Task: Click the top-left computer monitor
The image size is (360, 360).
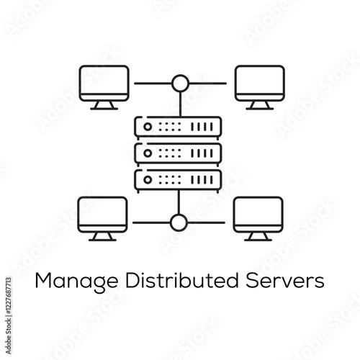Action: point(104,83)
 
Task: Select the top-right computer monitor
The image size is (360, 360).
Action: point(260,83)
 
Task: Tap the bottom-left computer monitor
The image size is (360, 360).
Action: point(102,215)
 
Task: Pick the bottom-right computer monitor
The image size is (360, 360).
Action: point(258,215)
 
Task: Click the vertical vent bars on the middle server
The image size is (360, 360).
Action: point(202,153)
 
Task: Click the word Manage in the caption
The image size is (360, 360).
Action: point(76,282)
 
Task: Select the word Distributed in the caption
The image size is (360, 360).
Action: point(182,280)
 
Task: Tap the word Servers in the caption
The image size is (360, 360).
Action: point(285,281)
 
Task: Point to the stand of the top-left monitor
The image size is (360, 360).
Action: point(104,105)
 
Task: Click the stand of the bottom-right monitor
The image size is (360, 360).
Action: point(258,236)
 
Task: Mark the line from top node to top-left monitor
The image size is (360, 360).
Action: point(153,84)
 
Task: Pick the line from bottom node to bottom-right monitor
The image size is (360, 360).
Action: point(207,222)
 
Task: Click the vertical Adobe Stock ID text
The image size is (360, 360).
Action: point(9,316)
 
